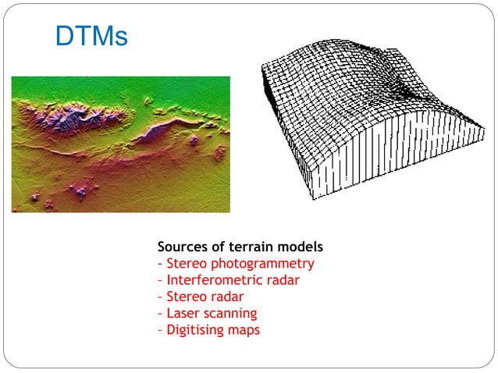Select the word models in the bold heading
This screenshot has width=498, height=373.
click(301, 247)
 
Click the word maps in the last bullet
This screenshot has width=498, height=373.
click(245, 330)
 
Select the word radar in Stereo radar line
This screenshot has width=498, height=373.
click(226, 297)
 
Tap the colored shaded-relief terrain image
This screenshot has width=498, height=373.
click(121, 144)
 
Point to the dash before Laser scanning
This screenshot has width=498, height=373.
click(160, 314)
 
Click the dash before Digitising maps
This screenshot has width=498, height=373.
click(160, 330)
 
